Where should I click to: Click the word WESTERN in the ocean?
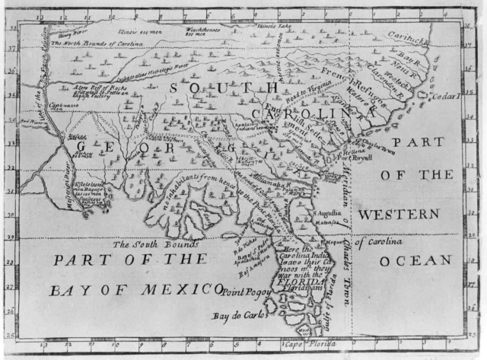click(398, 215)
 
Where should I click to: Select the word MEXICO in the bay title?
click(171, 289)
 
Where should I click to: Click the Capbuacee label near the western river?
click(46, 107)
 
